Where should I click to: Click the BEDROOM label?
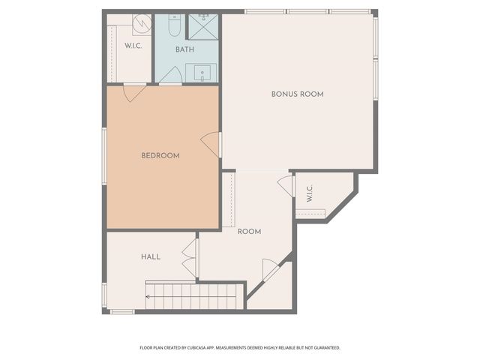[x=160, y=156]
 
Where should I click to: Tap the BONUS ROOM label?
[x=297, y=94]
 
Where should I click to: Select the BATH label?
[x=184, y=49]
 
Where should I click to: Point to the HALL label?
[x=150, y=256]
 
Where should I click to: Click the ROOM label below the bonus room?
[x=249, y=232]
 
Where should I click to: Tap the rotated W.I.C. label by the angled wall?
[x=309, y=193]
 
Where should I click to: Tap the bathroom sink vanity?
[x=201, y=73]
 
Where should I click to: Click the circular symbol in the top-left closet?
[x=142, y=25]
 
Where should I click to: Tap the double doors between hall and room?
[x=190, y=258]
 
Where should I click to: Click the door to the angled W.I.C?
[x=286, y=185]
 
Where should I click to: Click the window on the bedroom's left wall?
[x=104, y=156]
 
